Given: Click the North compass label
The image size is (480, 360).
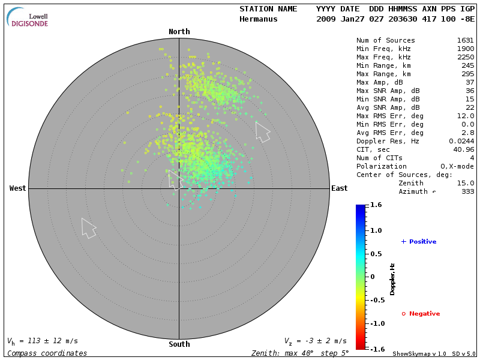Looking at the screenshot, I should [179, 32].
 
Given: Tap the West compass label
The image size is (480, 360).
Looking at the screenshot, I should [18, 188].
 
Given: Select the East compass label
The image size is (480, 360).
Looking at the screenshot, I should [340, 188].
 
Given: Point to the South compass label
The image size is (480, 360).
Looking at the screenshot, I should [179, 344].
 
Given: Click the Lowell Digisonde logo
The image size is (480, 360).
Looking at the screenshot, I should [28, 17].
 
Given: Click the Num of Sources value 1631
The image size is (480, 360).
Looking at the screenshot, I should [465, 40].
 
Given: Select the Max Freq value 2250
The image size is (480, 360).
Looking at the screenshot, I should [465, 57].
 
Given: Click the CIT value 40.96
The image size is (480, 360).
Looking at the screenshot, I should [463, 149].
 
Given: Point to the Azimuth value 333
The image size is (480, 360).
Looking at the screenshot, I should [467, 191].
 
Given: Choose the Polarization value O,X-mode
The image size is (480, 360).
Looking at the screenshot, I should [457, 166].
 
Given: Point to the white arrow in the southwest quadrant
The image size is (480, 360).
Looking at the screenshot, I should [89, 228].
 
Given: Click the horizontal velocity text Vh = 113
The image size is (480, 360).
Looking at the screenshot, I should [42, 341].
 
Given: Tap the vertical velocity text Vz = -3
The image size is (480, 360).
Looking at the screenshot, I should [315, 341].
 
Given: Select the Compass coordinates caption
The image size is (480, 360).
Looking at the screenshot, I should [47, 353].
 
